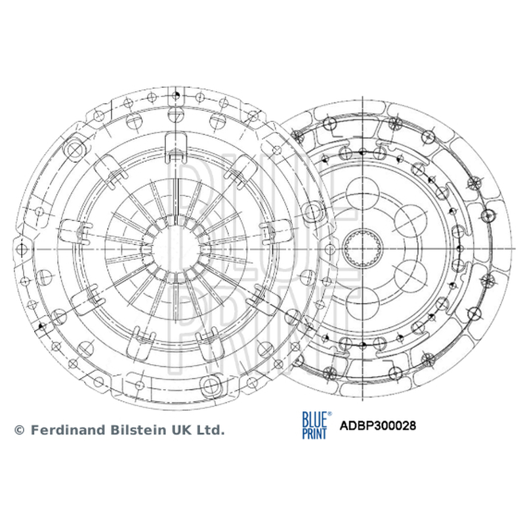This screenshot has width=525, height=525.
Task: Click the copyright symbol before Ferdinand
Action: [20, 430]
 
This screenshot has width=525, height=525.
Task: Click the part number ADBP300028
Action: [378, 425]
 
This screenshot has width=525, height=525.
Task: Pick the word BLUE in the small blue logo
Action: [314, 419]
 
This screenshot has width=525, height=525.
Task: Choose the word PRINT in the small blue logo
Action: [314, 432]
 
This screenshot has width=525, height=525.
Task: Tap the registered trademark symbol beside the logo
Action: [329, 414]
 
